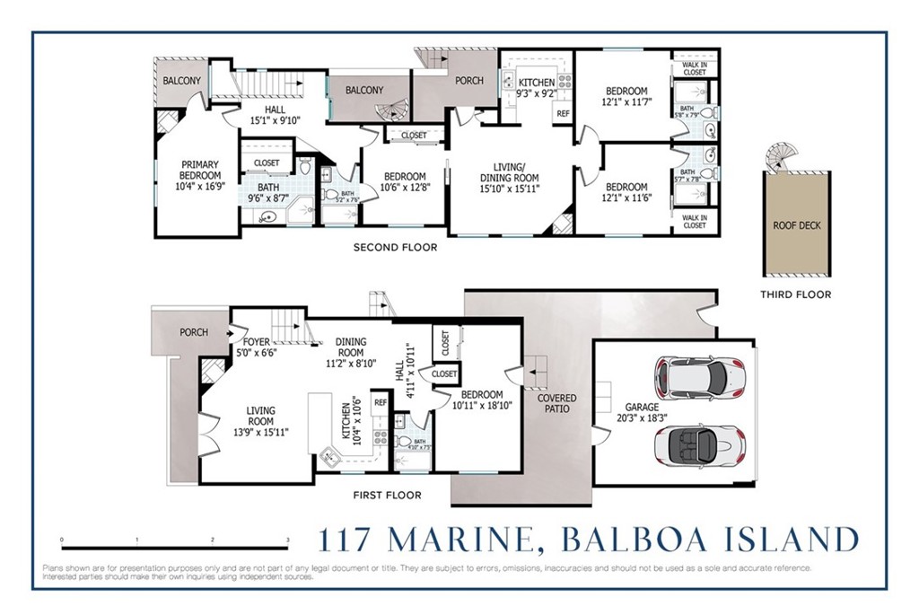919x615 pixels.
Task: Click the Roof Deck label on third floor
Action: pyautogui.click(x=796, y=226)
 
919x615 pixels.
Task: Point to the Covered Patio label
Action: pyautogui.click(x=556, y=403)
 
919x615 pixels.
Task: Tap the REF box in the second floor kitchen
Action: pyautogui.click(x=563, y=114)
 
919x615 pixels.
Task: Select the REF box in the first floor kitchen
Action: pyautogui.click(x=381, y=403)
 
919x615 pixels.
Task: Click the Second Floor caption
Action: pyautogui.click(x=395, y=248)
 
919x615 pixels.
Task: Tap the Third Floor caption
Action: pyautogui.click(x=795, y=294)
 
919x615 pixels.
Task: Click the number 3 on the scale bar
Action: pyautogui.click(x=287, y=540)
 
